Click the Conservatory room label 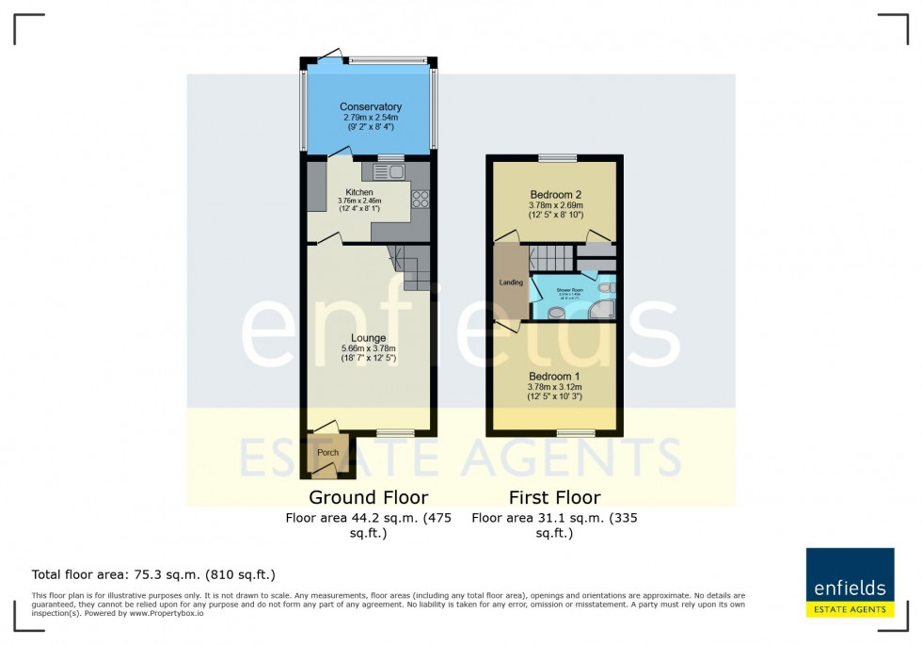coord(370,107)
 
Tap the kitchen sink coord(389,171)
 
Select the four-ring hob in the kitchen coord(421,199)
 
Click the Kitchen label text coord(333,192)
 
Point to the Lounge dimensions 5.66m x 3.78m coord(368,348)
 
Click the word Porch coord(326,453)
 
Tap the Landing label coord(511,282)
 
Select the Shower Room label coord(571,290)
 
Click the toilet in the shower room coord(607,287)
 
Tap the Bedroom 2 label coord(555,195)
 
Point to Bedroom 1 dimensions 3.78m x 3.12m coord(555,386)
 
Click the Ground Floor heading coord(368,497)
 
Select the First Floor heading coord(554,497)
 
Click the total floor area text coord(153,574)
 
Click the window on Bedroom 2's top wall coord(557,157)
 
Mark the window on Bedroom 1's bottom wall coord(575,433)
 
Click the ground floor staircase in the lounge coord(410,266)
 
